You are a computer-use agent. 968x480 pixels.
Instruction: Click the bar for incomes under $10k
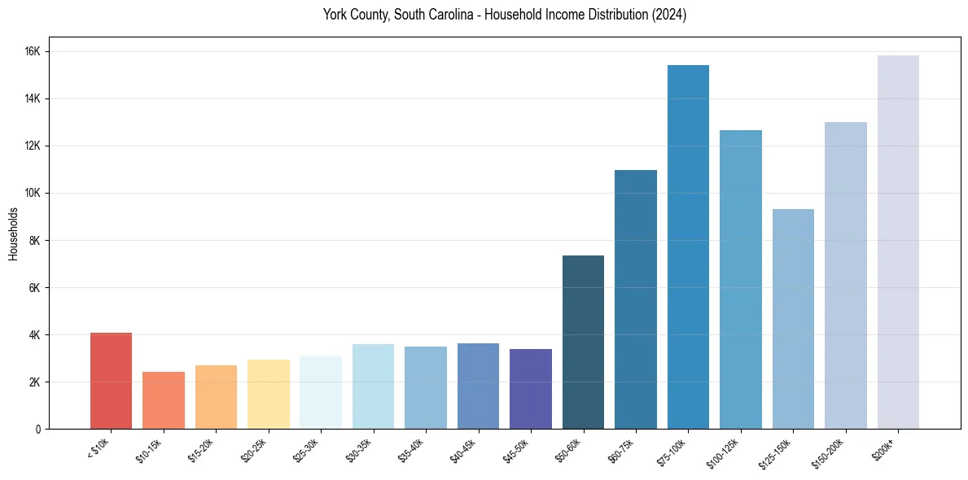point(111,381)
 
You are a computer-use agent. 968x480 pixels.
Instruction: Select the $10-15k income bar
point(164,400)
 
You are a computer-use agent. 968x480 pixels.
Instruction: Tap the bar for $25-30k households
point(321,392)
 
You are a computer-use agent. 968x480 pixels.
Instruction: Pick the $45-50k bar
point(530,389)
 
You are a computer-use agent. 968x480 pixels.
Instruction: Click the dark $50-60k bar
point(583,342)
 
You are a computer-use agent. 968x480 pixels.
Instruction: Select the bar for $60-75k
point(635,299)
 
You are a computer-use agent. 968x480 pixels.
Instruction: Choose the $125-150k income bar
point(793,319)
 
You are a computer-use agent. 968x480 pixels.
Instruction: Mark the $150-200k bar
point(845,275)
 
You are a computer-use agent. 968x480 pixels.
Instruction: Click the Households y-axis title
point(13,233)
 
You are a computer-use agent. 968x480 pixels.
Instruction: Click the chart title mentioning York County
point(504,15)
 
